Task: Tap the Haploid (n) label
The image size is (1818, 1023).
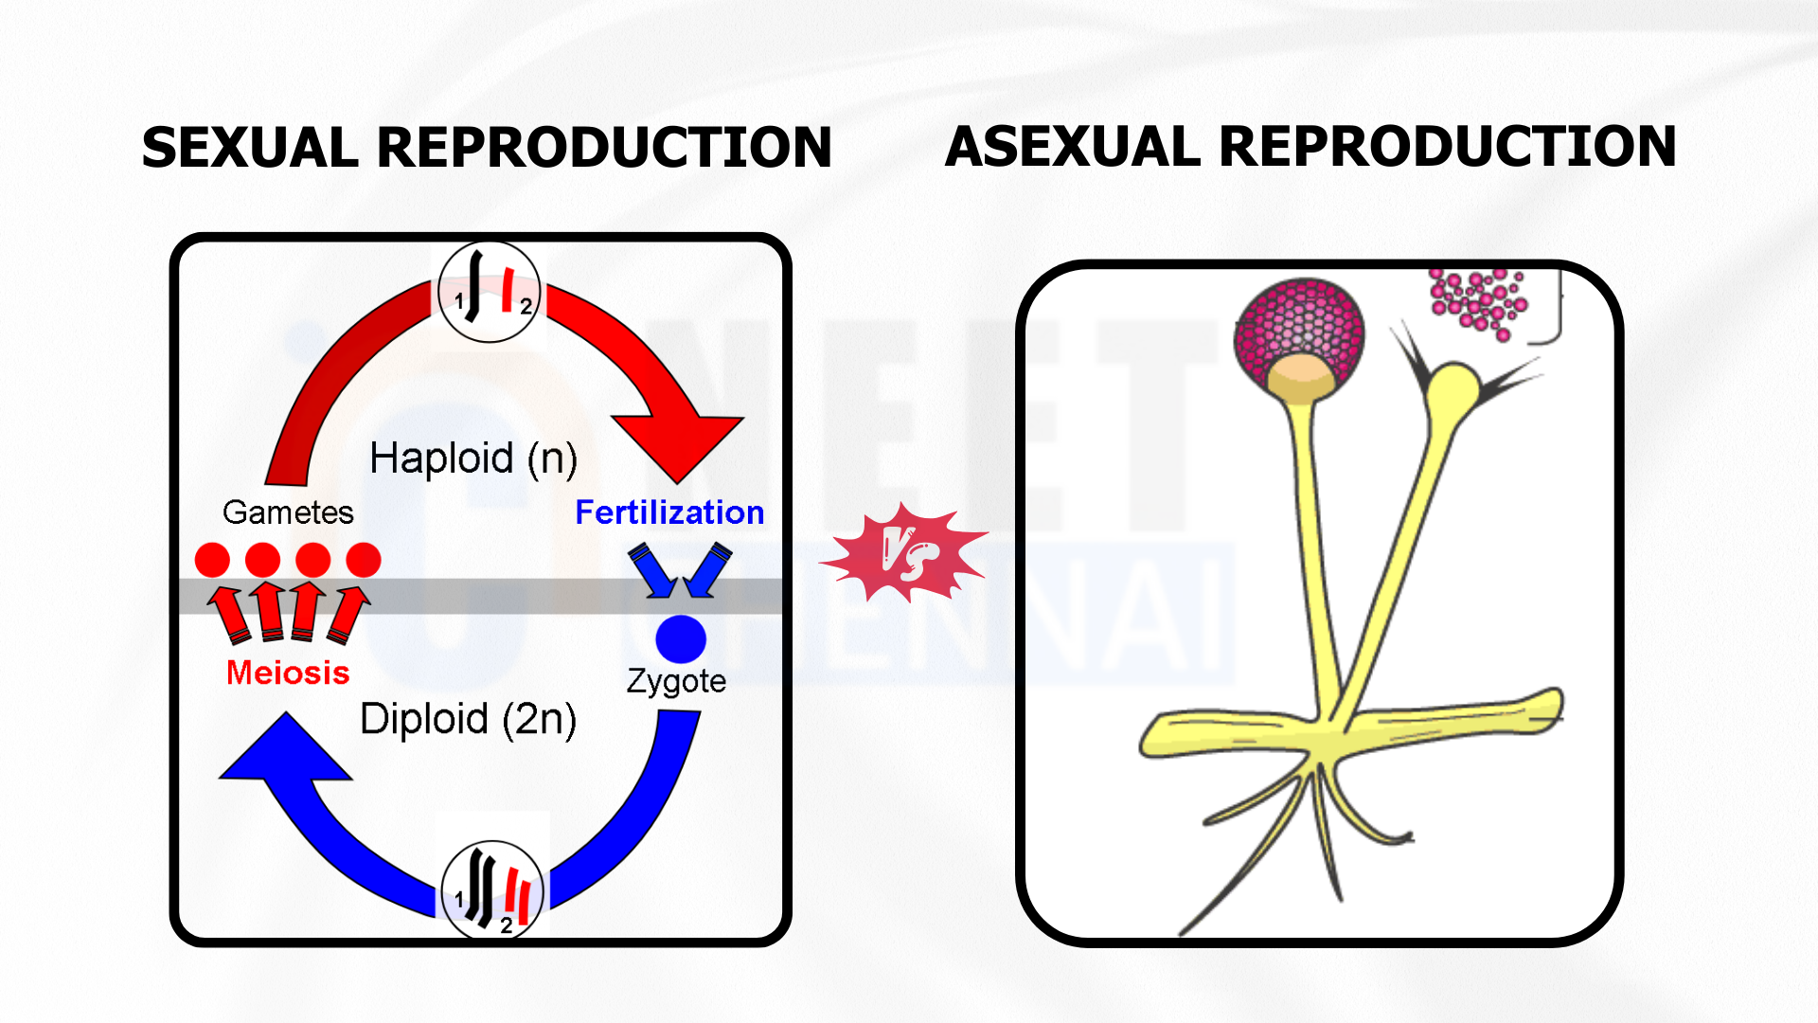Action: click(473, 459)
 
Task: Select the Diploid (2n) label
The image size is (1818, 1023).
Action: click(469, 720)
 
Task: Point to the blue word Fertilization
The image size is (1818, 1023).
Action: click(669, 512)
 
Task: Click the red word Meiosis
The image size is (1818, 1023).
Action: click(288, 673)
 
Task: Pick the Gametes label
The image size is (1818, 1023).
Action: click(288, 512)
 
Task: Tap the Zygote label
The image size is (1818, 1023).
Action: click(676, 681)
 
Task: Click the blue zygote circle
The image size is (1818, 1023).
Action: click(681, 638)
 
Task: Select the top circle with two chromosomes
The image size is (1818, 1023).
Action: click(489, 292)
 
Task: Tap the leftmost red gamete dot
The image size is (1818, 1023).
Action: click(212, 560)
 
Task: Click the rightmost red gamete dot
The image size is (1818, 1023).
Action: click(364, 560)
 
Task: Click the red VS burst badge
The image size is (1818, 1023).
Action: click(904, 554)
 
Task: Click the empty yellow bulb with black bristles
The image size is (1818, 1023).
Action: click(1453, 388)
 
